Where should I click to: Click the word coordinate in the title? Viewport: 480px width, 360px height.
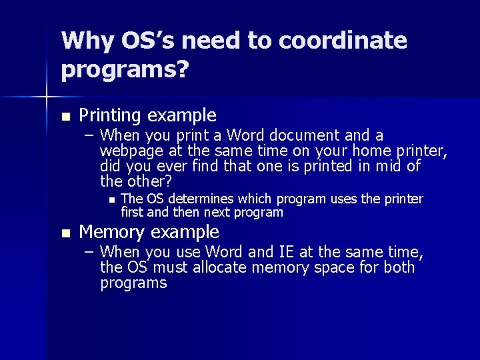[343, 41]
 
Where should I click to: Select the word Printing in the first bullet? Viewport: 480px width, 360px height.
[111, 115]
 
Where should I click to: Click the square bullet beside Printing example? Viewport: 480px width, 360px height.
[65, 117]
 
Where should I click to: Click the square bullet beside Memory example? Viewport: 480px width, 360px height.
[65, 233]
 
